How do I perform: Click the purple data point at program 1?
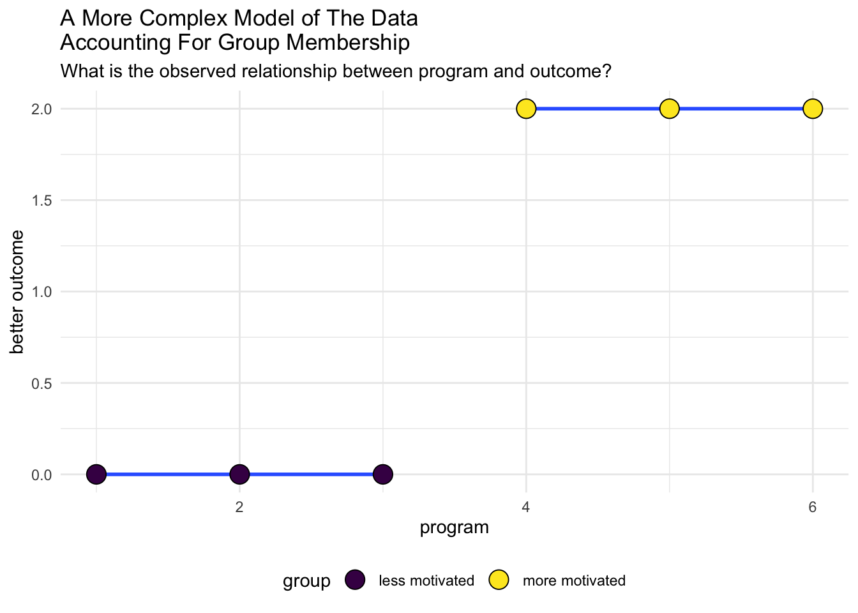pyautogui.click(x=96, y=474)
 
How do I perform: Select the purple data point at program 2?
pyautogui.click(x=239, y=474)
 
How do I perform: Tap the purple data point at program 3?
pyautogui.click(x=382, y=474)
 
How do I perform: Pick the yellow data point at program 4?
pyautogui.click(x=525, y=109)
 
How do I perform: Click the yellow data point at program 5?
pyautogui.click(x=669, y=109)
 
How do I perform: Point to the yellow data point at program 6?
pyautogui.click(x=812, y=109)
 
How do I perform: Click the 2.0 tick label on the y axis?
pyautogui.click(x=43, y=109)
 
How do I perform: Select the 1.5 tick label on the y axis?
pyautogui.click(x=43, y=201)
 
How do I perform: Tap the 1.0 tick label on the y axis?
pyautogui.click(x=43, y=292)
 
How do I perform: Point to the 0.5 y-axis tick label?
pyautogui.click(x=43, y=383)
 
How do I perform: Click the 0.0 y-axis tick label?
pyautogui.click(x=43, y=475)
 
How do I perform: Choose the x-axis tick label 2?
pyautogui.click(x=239, y=508)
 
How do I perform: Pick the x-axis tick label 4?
pyautogui.click(x=525, y=508)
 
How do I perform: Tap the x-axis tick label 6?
pyautogui.click(x=812, y=508)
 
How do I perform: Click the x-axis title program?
pyautogui.click(x=454, y=528)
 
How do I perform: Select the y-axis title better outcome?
pyautogui.click(x=17, y=292)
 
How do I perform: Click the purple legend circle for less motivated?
pyautogui.click(x=354, y=580)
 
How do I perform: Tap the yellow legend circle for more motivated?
pyautogui.click(x=498, y=580)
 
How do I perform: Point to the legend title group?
pyautogui.click(x=306, y=581)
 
